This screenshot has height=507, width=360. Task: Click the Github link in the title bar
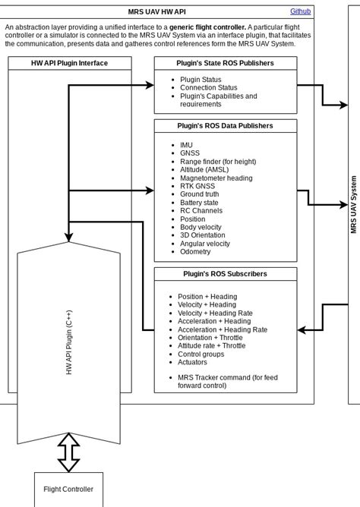tap(300, 11)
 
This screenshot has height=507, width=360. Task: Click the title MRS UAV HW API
tap(156, 12)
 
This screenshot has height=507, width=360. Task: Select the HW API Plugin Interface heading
tap(69, 63)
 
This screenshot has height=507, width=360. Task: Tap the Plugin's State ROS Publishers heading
tap(226, 63)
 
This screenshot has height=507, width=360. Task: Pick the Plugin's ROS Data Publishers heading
tap(226, 126)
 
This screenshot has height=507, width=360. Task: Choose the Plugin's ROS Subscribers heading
tap(226, 274)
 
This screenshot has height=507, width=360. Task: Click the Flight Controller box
tap(68, 490)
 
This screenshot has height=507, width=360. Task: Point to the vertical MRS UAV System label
tap(354, 205)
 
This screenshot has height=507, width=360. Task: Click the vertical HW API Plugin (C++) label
tap(69, 342)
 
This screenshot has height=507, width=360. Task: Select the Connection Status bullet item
tap(209, 88)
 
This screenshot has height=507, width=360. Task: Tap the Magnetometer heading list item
tap(216, 178)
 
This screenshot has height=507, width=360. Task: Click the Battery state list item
tap(199, 203)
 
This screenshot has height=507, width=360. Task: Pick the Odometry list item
tap(195, 253)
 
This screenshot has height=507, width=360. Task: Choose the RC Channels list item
tap(201, 212)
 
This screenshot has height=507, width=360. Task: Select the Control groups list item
tap(201, 354)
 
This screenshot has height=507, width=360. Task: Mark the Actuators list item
tap(194, 363)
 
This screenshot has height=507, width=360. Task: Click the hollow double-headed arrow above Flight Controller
tap(69, 452)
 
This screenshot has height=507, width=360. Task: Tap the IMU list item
tap(186, 145)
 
